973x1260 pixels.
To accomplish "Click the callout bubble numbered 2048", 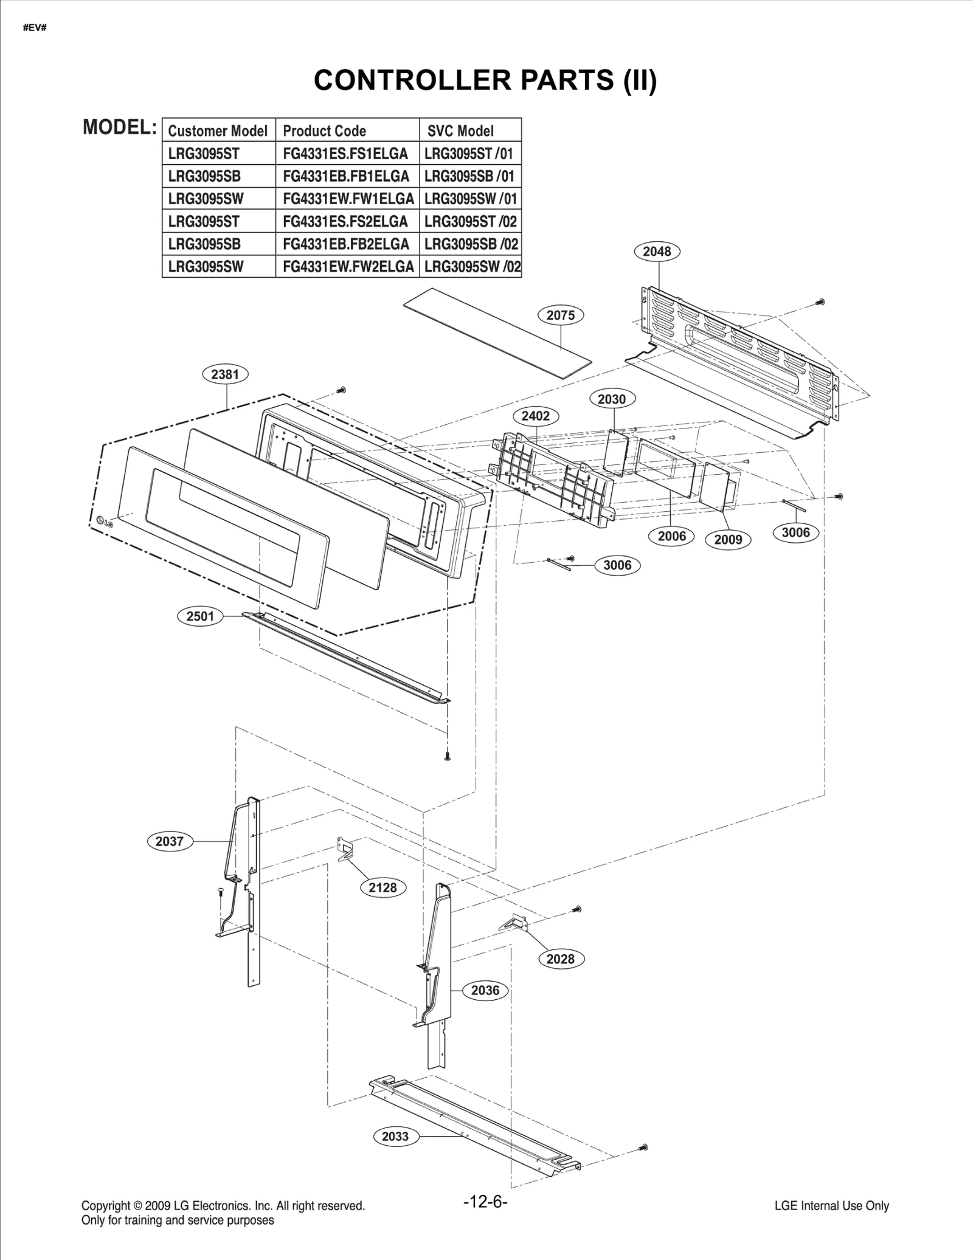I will pos(657,251).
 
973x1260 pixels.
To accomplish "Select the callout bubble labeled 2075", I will pos(560,315).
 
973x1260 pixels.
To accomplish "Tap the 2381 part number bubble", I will pos(225,374).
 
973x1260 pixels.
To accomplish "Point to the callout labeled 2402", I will pos(535,416).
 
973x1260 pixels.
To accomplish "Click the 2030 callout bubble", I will pos(612,399).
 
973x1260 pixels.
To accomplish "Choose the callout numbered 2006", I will pos(671,536).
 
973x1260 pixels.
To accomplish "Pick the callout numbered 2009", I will pos(728,539).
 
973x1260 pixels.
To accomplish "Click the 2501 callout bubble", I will pos(200,616).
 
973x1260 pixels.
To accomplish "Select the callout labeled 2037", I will pos(170,841).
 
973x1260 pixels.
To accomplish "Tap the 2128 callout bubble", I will pos(383,887).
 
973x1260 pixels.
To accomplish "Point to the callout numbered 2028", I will pos(560,959).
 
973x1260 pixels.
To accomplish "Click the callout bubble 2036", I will pos(485,990).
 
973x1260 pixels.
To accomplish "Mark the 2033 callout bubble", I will pos(395,1136).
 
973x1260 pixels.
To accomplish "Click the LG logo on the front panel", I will pos(104,521).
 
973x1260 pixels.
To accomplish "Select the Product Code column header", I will pos(325,131).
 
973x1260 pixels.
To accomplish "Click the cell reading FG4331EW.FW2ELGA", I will pos(348,266).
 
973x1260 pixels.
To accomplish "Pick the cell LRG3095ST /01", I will pos(469,153).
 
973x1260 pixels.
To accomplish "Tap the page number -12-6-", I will pos(485,1202).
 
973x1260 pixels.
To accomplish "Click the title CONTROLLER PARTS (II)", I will pos(485,80).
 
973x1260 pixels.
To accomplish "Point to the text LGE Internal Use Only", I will pos(831,1206).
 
